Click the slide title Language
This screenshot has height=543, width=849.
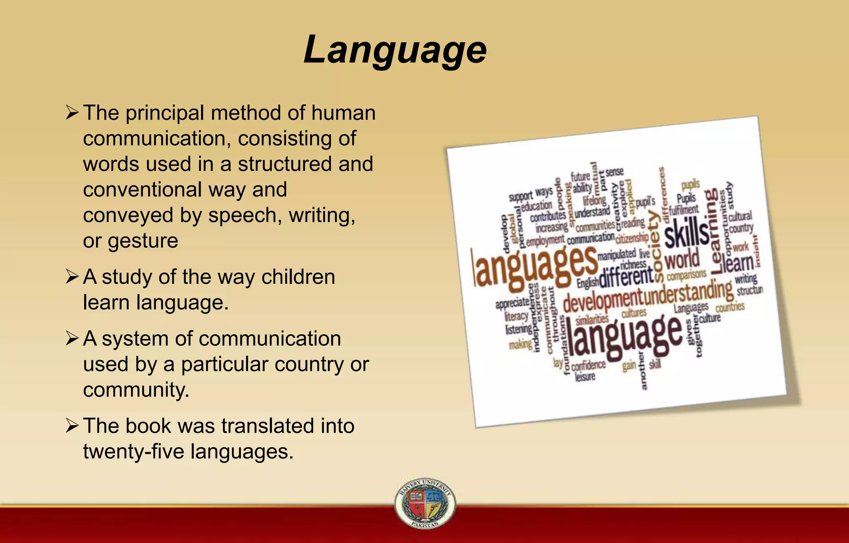395,50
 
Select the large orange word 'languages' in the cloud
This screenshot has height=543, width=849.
535,268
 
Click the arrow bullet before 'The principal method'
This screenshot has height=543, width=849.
72,113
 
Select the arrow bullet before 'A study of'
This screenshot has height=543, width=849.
72,277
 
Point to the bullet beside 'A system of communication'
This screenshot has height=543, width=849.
72,338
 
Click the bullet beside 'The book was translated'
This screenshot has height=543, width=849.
72,426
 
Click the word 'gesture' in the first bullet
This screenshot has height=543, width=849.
143,241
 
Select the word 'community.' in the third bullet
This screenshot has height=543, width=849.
136,390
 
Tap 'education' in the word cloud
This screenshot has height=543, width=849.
536,206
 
